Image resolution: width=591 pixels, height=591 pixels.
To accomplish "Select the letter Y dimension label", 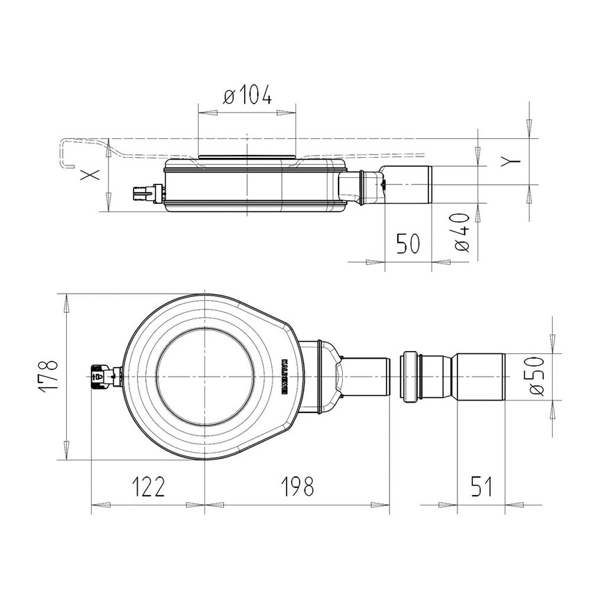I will click(x=512, y=161).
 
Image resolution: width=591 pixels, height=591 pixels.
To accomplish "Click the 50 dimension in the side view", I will click(x=408, y=243).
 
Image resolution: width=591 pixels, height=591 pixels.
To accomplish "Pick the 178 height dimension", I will click(x=47, y=377).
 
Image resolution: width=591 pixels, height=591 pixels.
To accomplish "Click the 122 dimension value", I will click(x=148, y=486).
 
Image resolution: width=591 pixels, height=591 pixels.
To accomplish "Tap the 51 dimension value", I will click(x=479, y=486).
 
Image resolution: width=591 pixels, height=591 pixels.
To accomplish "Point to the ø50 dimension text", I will click(x=534, y=376).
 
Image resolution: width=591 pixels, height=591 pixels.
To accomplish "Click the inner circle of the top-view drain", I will click(x=204, y=376).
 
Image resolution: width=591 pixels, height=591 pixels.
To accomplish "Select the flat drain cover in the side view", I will click(x=247, y=155).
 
